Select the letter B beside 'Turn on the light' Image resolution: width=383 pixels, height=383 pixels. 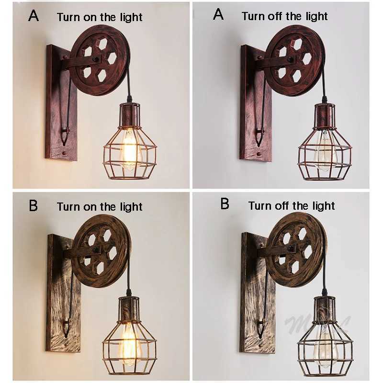34,205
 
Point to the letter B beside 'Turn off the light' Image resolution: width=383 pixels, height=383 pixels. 225,204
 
